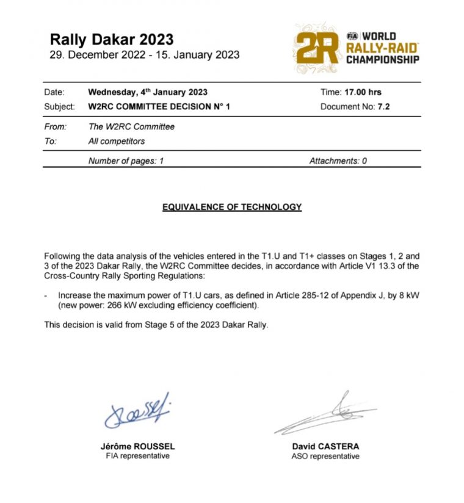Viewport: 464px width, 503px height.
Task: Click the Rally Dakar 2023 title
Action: (112, 40)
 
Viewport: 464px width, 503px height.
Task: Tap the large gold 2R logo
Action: (317, 48)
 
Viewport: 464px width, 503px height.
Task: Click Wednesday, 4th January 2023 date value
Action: (148, 92)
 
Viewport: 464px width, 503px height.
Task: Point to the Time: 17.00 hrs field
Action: (351, 92)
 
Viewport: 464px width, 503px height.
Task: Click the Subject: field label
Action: (60, 106)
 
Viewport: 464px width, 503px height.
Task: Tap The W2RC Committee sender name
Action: (131, 127)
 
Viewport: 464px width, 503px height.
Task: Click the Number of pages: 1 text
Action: (126, 161)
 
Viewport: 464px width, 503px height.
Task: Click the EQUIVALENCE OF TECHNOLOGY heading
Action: (232, 207)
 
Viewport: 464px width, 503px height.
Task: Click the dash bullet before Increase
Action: (47, 295)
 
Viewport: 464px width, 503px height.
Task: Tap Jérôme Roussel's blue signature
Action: (137, 413)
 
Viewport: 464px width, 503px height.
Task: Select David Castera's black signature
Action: (324, 413)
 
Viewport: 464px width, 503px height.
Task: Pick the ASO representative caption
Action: (325, 456)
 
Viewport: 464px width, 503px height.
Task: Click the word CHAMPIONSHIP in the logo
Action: (383, 59)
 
